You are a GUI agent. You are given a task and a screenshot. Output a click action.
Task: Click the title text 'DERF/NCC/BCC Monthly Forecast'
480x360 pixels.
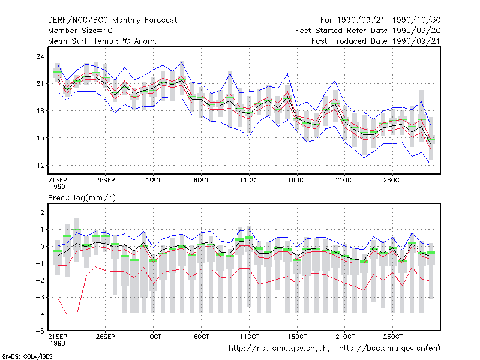(112, 20)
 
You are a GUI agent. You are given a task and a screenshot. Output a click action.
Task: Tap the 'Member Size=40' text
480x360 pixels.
(80, 31)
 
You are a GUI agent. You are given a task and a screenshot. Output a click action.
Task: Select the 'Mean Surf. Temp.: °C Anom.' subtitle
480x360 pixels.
(103, 41)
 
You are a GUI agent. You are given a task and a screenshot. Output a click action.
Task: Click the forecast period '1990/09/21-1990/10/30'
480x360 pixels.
(389, 20)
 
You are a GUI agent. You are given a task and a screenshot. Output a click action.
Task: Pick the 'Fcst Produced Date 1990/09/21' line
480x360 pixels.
(376, 41)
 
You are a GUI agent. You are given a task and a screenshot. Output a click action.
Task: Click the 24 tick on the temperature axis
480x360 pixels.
(40, 56)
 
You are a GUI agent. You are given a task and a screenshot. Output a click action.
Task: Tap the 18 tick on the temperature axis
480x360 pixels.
(40, 111)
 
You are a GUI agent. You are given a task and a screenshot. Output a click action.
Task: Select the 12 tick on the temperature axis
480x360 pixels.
(40, 166)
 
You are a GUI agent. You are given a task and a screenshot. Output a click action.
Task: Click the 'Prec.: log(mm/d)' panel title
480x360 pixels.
(82, 198)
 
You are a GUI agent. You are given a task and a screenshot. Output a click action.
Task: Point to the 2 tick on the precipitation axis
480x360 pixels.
(42, 212)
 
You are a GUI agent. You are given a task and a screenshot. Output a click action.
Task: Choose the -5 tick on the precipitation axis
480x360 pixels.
(40, 331)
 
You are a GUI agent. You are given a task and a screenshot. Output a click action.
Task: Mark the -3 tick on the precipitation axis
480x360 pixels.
(40, 297)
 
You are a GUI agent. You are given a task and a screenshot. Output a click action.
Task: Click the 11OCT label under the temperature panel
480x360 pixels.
(249, 181)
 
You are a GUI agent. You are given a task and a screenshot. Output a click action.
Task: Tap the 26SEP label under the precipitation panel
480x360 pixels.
(106, 337)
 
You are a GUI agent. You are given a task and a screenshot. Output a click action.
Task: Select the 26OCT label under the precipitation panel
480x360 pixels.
(393, 337)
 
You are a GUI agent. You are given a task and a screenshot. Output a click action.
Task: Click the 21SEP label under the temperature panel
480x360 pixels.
(58, 181)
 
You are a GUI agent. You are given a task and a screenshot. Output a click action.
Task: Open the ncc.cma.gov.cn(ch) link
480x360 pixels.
(279, 349)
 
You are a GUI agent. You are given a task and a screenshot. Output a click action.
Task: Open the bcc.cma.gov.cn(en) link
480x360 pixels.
(389, 349)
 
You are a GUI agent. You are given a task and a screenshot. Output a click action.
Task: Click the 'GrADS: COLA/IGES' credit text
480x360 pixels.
(27, 356)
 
